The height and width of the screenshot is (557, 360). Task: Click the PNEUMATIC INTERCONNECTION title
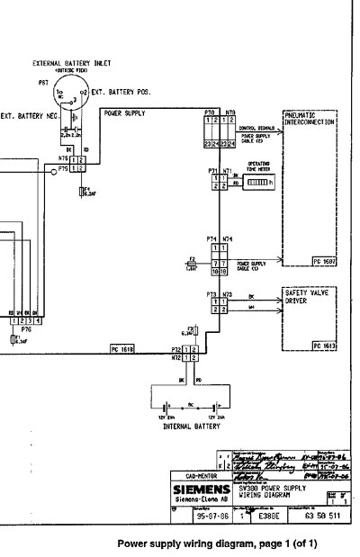(x=310, y=119)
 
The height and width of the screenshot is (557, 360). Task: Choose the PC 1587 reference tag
(x=324, y=261)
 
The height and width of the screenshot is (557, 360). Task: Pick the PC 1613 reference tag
(x=324, y=346)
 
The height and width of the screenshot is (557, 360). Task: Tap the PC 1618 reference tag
(x=122, y=346)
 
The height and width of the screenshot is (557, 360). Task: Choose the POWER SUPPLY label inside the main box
(x=124, y=114)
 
